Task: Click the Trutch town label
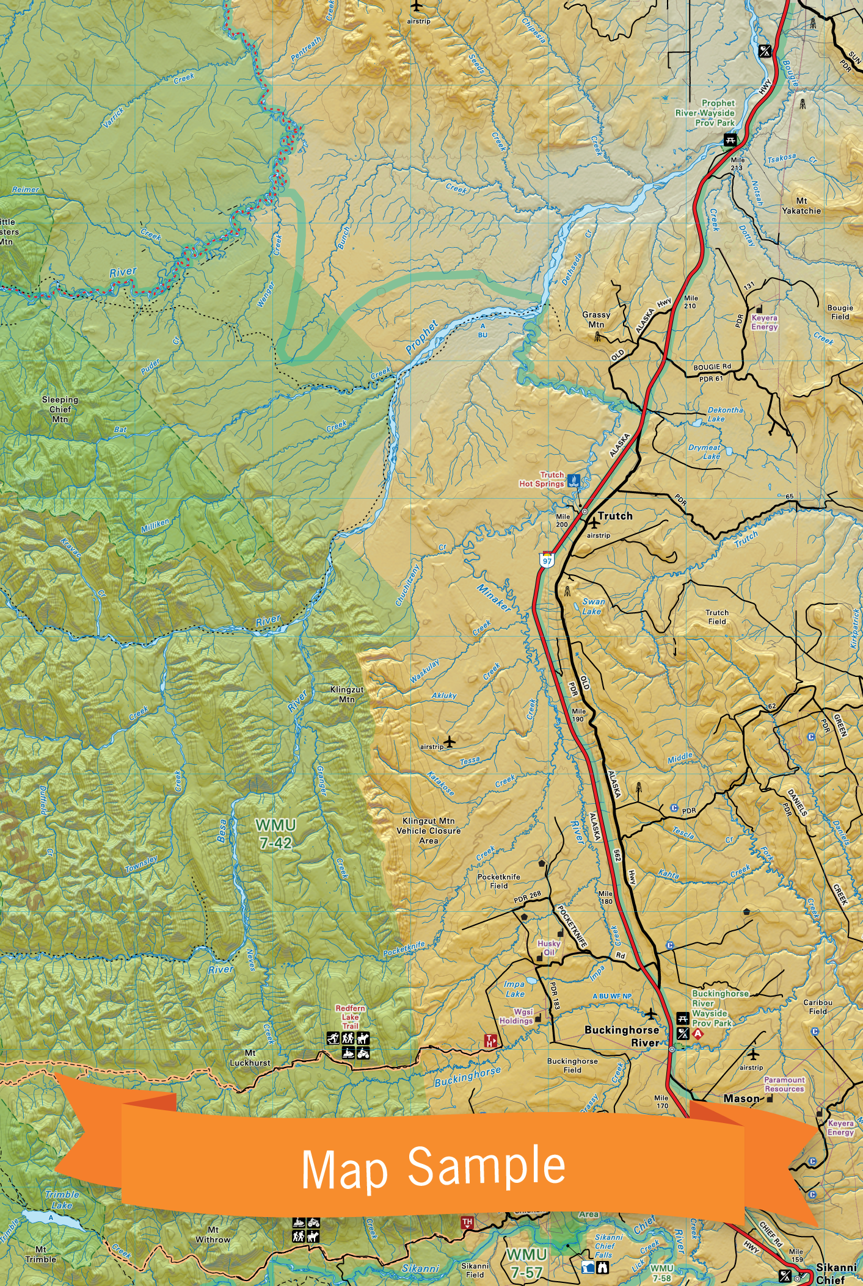click(615, 516)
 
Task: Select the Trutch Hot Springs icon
click(574, 480)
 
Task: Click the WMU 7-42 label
click(275, 834)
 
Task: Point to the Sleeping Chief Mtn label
click(60, 410)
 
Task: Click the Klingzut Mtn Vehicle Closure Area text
click(428, 831)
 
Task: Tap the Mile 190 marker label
click(578, 715)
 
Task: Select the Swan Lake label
click(592, 606)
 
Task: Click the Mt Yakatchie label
click(801, 206)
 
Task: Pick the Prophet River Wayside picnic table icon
click(729, 140)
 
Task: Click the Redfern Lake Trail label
click(350, 1017)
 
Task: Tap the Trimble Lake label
click(62, 1200)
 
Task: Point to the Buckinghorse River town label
click(621, 1036)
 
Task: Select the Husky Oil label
click(548, 947)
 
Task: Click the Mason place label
click(741, 1098)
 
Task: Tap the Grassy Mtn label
click(596, 319)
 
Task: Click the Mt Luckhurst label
click(250, 1058)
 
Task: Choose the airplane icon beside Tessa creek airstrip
click(450, 742)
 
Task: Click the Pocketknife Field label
click(498, 881)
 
